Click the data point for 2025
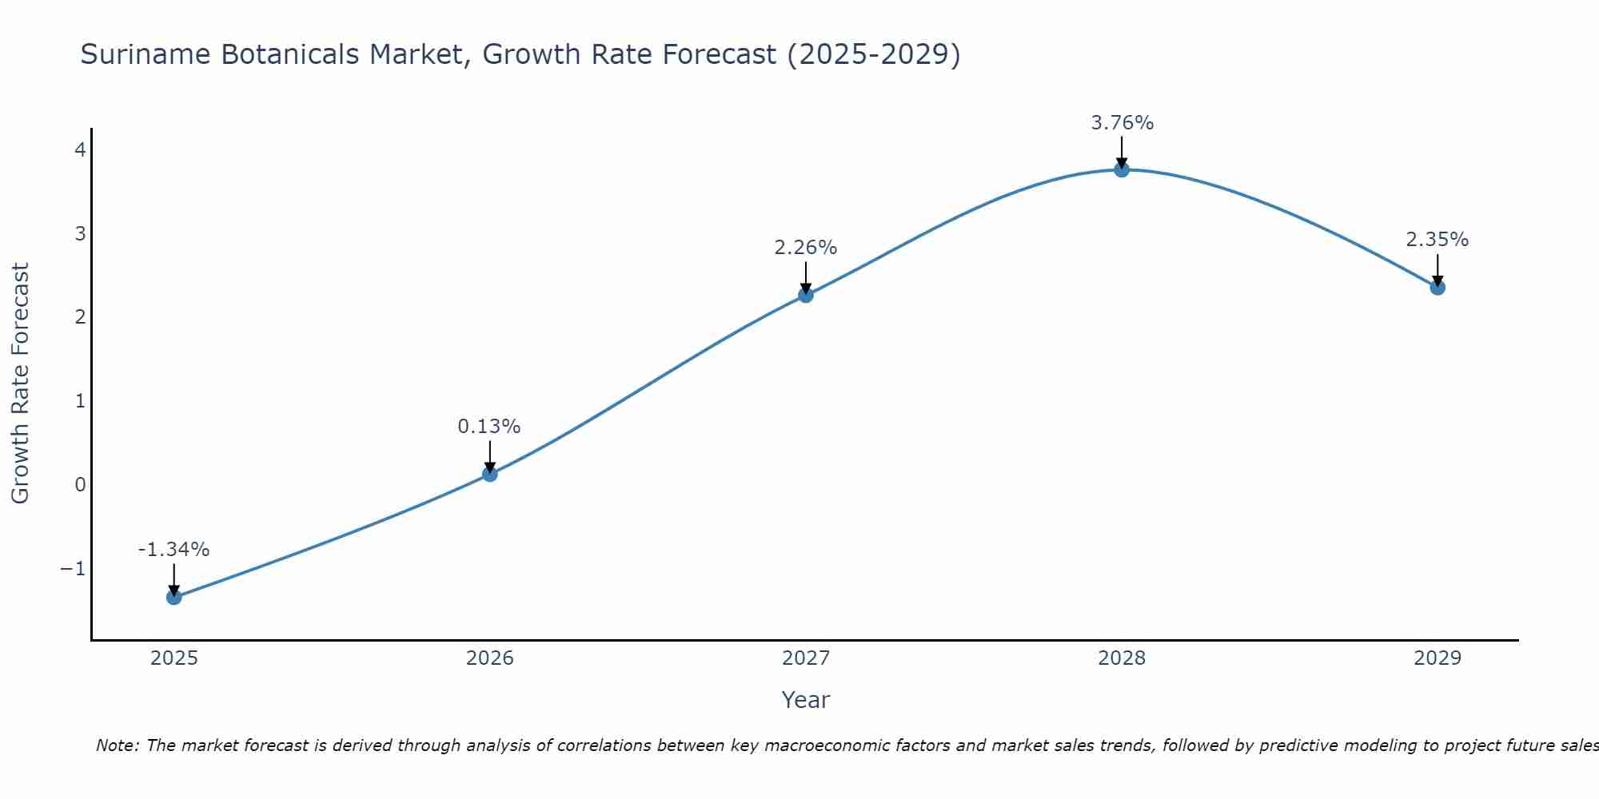tap(174, 597)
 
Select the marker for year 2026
tap(490, 474)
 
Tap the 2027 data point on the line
tap(806, 295)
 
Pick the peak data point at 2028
tap(1122, 169)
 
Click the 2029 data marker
tap(1438, 287)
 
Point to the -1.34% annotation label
tap(173, 550)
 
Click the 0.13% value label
tap(489, 427)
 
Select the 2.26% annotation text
tap(805, 248)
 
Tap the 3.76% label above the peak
tap(1122, 123)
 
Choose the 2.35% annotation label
tap(1437, 240)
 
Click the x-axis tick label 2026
tap(490, 658)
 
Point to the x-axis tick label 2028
tap(1122, 658)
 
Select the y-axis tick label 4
tap(81, 149)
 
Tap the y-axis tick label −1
tap(73, 568)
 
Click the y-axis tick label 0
tap(81, 484)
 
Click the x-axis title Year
tap(805, 700)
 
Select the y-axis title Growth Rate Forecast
tap(20, 384)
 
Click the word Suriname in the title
tap(146, 54)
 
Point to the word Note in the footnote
tap(118, 745)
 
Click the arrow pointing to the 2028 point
tap(1122, 152)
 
